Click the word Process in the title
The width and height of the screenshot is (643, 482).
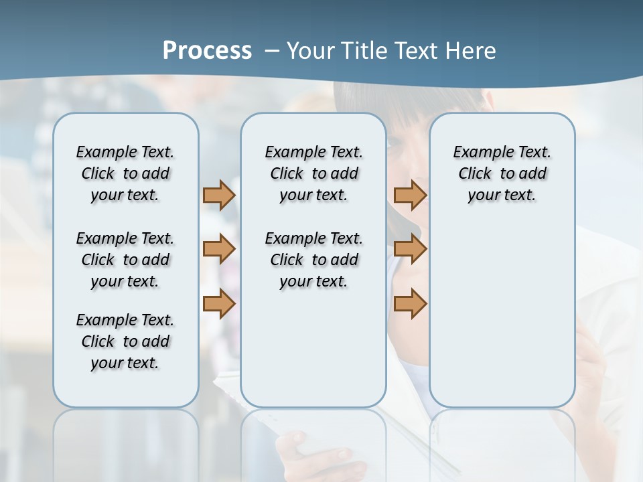pos(207,50)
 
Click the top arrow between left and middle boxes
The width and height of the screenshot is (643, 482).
pos(218,195)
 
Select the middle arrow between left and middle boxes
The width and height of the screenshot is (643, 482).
pos(218,250)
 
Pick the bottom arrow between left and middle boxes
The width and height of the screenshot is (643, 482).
pos(218,304)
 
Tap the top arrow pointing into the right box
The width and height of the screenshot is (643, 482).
pos(410,195)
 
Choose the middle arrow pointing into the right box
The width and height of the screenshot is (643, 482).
pos(410,250)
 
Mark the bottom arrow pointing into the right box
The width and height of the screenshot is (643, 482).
pos(410,304)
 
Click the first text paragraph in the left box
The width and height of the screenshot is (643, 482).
pos(125,173)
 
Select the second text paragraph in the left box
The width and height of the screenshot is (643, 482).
pos(125,260)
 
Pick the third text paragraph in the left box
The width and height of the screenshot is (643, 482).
pos(125,341)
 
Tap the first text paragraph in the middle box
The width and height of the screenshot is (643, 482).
pos(313,173)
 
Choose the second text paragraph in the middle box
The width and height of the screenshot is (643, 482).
pos(313,260)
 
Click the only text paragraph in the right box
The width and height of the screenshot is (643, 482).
pos(502,173)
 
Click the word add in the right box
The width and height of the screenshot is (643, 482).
pos(532,173)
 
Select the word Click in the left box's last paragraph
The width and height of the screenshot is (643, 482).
pos(98,341)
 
